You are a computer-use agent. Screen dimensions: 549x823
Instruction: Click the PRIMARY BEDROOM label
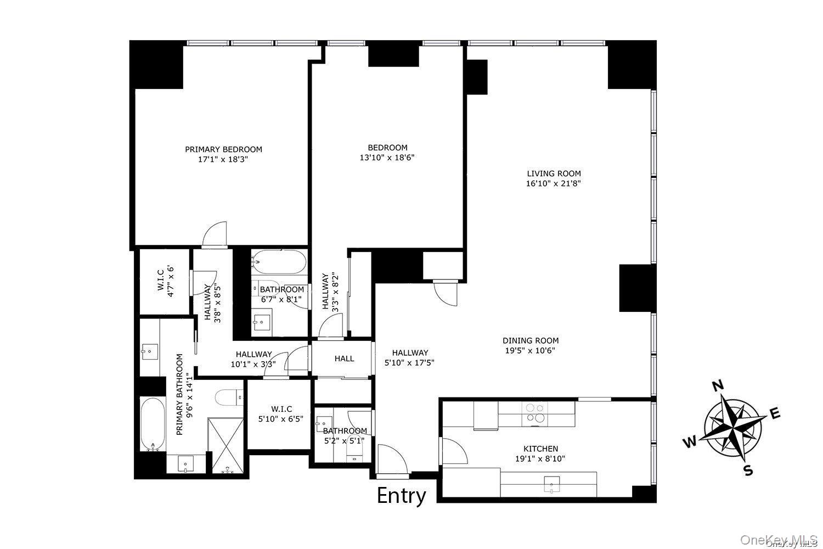pos(223,149)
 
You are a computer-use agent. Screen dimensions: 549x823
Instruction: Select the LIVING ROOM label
pos(553,173)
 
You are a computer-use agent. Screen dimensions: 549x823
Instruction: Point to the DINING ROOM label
pos(531,340)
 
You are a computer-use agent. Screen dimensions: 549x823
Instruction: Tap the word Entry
pos(402,496)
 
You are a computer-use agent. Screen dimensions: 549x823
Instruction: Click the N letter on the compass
pos(717,386)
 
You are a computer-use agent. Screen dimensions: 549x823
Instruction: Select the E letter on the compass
pos(775,414)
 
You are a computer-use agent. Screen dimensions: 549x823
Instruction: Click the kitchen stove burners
pos(535,413)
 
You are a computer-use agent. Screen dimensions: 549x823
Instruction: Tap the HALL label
pos(344,358)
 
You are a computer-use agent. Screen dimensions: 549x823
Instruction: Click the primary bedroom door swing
pos(215,234)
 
